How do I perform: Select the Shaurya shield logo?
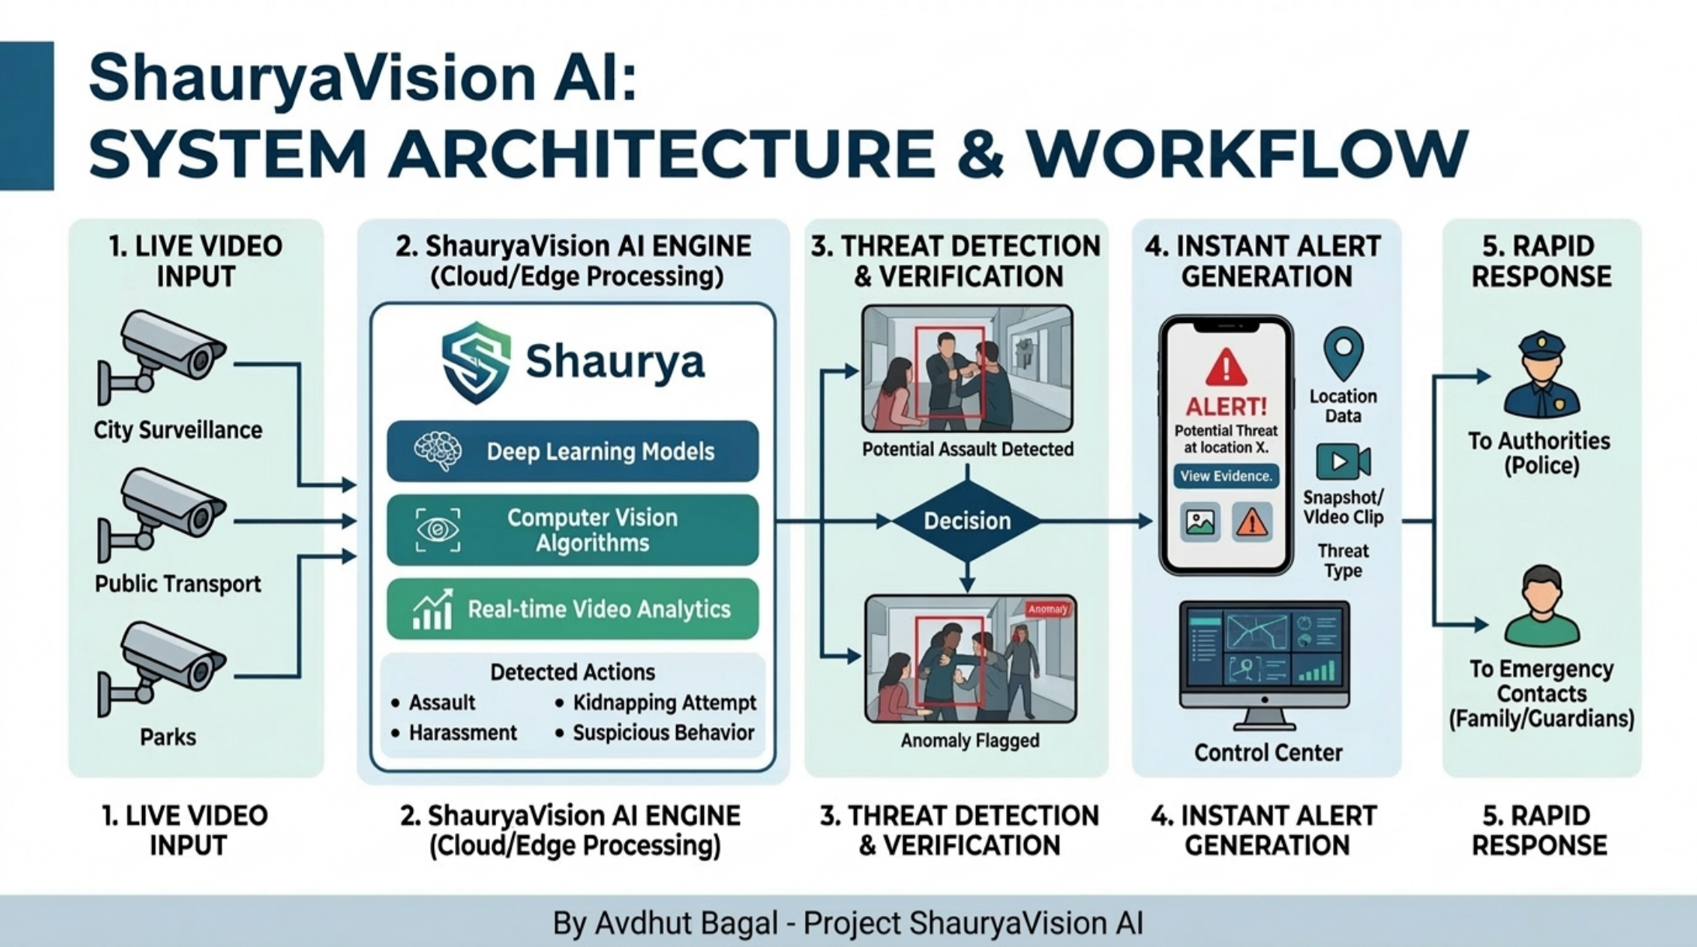click(x=476, y=362)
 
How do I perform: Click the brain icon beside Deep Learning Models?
click(x=438, y=451)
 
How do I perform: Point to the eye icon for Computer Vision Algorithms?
click(x=438, y=530)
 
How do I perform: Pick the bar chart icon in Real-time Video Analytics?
click(x=432, y=609)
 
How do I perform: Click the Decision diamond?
click(x=966, y=521)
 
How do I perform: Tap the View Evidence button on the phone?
click(x=1226, y=476)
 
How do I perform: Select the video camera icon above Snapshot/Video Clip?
click(x=1342, y=462)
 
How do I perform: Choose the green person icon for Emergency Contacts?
click(x=1541, y=606)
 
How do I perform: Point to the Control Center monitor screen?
click(x=1264, y=652)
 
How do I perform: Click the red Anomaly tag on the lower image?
click(x=1047, y=609)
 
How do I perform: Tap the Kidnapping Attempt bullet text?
click(x=664, y=702)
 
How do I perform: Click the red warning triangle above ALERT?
click(x=1226, y=367)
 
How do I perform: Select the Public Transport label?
click(x=178, y=584)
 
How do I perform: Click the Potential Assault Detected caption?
click(x=967, y=449)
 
